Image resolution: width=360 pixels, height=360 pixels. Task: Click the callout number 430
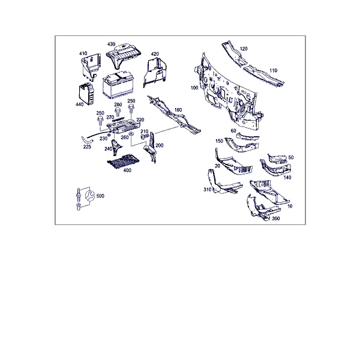(112, 44)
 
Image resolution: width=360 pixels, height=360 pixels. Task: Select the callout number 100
(194, 88)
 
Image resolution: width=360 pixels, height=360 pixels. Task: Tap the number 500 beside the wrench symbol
(100, 196)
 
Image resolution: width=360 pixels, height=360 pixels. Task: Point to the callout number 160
(178, 110)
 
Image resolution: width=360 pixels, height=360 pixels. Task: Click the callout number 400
(127, 170)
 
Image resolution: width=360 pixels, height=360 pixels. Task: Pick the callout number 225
(87, 147)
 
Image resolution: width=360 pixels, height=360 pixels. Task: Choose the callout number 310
(208, 190)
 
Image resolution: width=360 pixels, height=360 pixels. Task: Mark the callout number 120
(244, 49)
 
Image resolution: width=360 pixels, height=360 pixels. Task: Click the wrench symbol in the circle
(90, 196)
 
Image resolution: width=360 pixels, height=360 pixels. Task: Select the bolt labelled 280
(118, 112)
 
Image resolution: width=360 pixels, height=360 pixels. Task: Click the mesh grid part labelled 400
(124, 161)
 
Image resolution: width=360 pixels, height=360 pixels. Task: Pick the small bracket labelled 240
(116, 147)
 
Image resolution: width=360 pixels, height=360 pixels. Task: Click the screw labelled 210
(145, 137)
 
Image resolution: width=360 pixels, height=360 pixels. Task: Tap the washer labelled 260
(131, 133)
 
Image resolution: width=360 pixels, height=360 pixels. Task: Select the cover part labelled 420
(155, 72)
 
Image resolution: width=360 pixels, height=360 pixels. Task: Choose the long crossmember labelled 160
(174, 115)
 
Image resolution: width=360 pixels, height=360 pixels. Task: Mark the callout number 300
(276, 218)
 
